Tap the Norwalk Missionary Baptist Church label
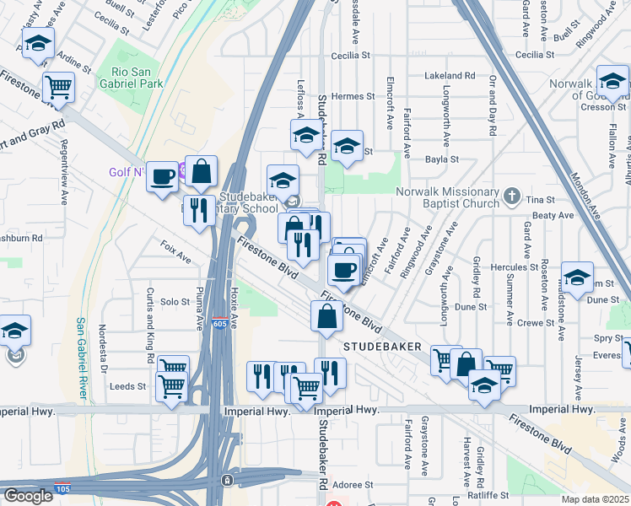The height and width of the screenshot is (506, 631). click(x=448, y=196)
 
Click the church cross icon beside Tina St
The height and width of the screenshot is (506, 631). click(x=511, y=196)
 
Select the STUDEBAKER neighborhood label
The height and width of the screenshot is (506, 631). click(x=378, y=347)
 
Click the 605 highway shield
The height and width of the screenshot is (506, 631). click(x=219, y=324)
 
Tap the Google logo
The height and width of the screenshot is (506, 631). click(x=28, y=496)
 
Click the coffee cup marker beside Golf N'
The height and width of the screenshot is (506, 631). click(x=163, y=176)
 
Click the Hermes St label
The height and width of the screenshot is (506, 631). click(x=347, y=96)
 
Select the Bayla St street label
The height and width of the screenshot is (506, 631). click(x=442, y=159)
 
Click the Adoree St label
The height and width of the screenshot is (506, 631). click(x=353, y=485)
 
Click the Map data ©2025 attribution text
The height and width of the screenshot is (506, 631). click(x=595, y=499)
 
